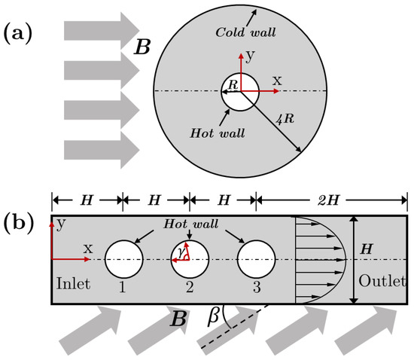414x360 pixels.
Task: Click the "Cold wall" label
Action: point(245,32)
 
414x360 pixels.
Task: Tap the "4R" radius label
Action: point(285,118)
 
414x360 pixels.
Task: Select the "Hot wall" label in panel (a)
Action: point(218,133)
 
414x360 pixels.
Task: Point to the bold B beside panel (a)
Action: point(142,47)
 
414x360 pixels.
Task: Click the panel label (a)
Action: point(18,35)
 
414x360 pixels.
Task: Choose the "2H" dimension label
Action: point(328,200)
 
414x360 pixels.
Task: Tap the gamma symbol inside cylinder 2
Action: point(181,253)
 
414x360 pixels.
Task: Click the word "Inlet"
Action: point(74,283)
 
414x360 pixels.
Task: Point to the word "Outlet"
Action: point(382,281)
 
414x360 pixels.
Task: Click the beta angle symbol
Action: point(213,315)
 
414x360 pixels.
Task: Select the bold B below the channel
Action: point(178,319)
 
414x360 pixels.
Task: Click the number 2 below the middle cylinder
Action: point(190,287)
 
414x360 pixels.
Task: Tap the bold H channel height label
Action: point(367,249)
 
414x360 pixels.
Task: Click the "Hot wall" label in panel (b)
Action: point(191,224)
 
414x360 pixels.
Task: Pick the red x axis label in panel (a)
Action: point(277,80)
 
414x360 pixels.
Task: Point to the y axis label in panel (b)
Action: point(61,224)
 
